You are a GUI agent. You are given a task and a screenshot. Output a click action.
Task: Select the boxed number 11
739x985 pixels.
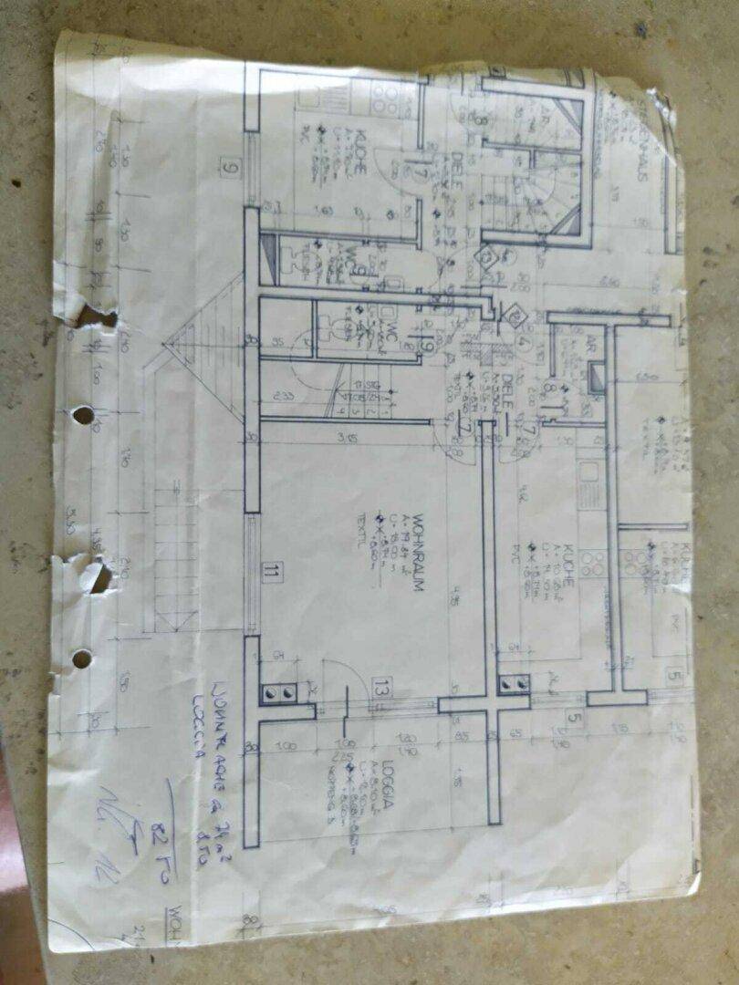pyautogui.click(x=269, y=573)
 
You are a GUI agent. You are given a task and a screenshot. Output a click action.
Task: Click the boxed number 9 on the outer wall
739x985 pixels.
pyautogui.click(x=229, y=167)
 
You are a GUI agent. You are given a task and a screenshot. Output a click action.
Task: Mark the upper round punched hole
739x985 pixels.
pyautogui.click(x=83, y=415)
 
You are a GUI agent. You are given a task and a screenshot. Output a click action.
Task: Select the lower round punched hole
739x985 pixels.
pyautogui.click(x=82, y=658)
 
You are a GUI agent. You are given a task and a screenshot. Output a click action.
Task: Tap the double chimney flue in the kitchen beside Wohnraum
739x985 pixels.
pyautogui.click(x=513, y=683)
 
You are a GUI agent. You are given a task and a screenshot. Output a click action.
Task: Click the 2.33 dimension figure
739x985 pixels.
pyautogui.click(x=282, y=396)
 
